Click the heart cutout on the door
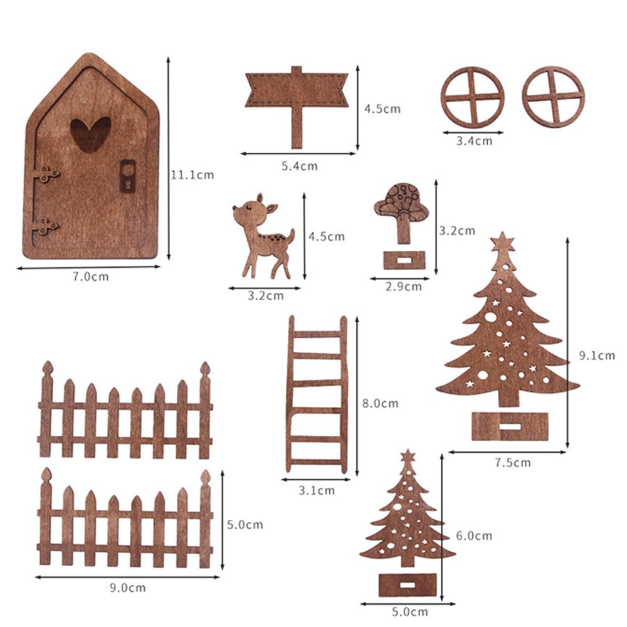click(x=91, y=134)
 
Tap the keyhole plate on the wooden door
click(x=127, y=176)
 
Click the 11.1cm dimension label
click(x=192, y=175)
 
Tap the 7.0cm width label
click(x=87, y=277)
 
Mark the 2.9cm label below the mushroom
click(x=404, y=287)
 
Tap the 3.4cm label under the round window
click(x=473, y=141)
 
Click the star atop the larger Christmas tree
click(x=502, y=242)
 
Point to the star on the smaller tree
click(x=408, y=456)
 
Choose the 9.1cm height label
click(x=596, y=356)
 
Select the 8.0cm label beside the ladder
click(x=380, y=403)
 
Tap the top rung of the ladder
click(x=317, y=334)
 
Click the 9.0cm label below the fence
click(x=127, y=587)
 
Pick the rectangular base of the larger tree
click(x=509, y=426)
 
